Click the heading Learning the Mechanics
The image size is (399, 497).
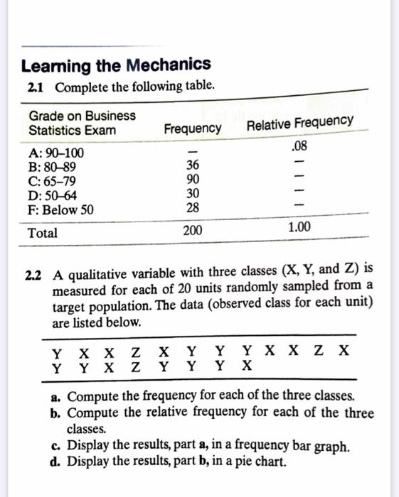click(x=116, y=66)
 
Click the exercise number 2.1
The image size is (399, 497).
click(x=35, y=87)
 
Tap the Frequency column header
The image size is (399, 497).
click(x=192, y=129)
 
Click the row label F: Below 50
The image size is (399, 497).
click(x=60, y=210)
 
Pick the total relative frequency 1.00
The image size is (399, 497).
click(x=298, y=229)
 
